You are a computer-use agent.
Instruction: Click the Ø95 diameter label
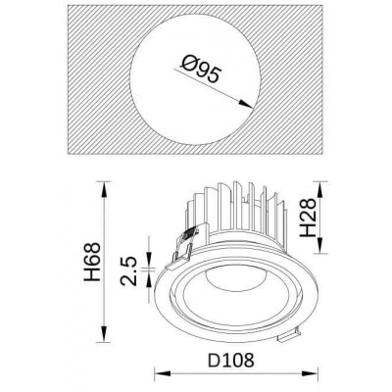201,70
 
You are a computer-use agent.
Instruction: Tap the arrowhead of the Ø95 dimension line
245,104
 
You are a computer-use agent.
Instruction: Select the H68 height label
92,262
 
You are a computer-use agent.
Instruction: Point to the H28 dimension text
308,218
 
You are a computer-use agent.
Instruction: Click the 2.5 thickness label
128,271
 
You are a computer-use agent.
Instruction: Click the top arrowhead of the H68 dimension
104,189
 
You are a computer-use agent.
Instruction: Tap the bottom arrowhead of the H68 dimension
104,334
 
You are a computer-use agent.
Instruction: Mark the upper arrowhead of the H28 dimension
320,189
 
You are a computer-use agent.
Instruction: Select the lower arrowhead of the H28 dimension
320,245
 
